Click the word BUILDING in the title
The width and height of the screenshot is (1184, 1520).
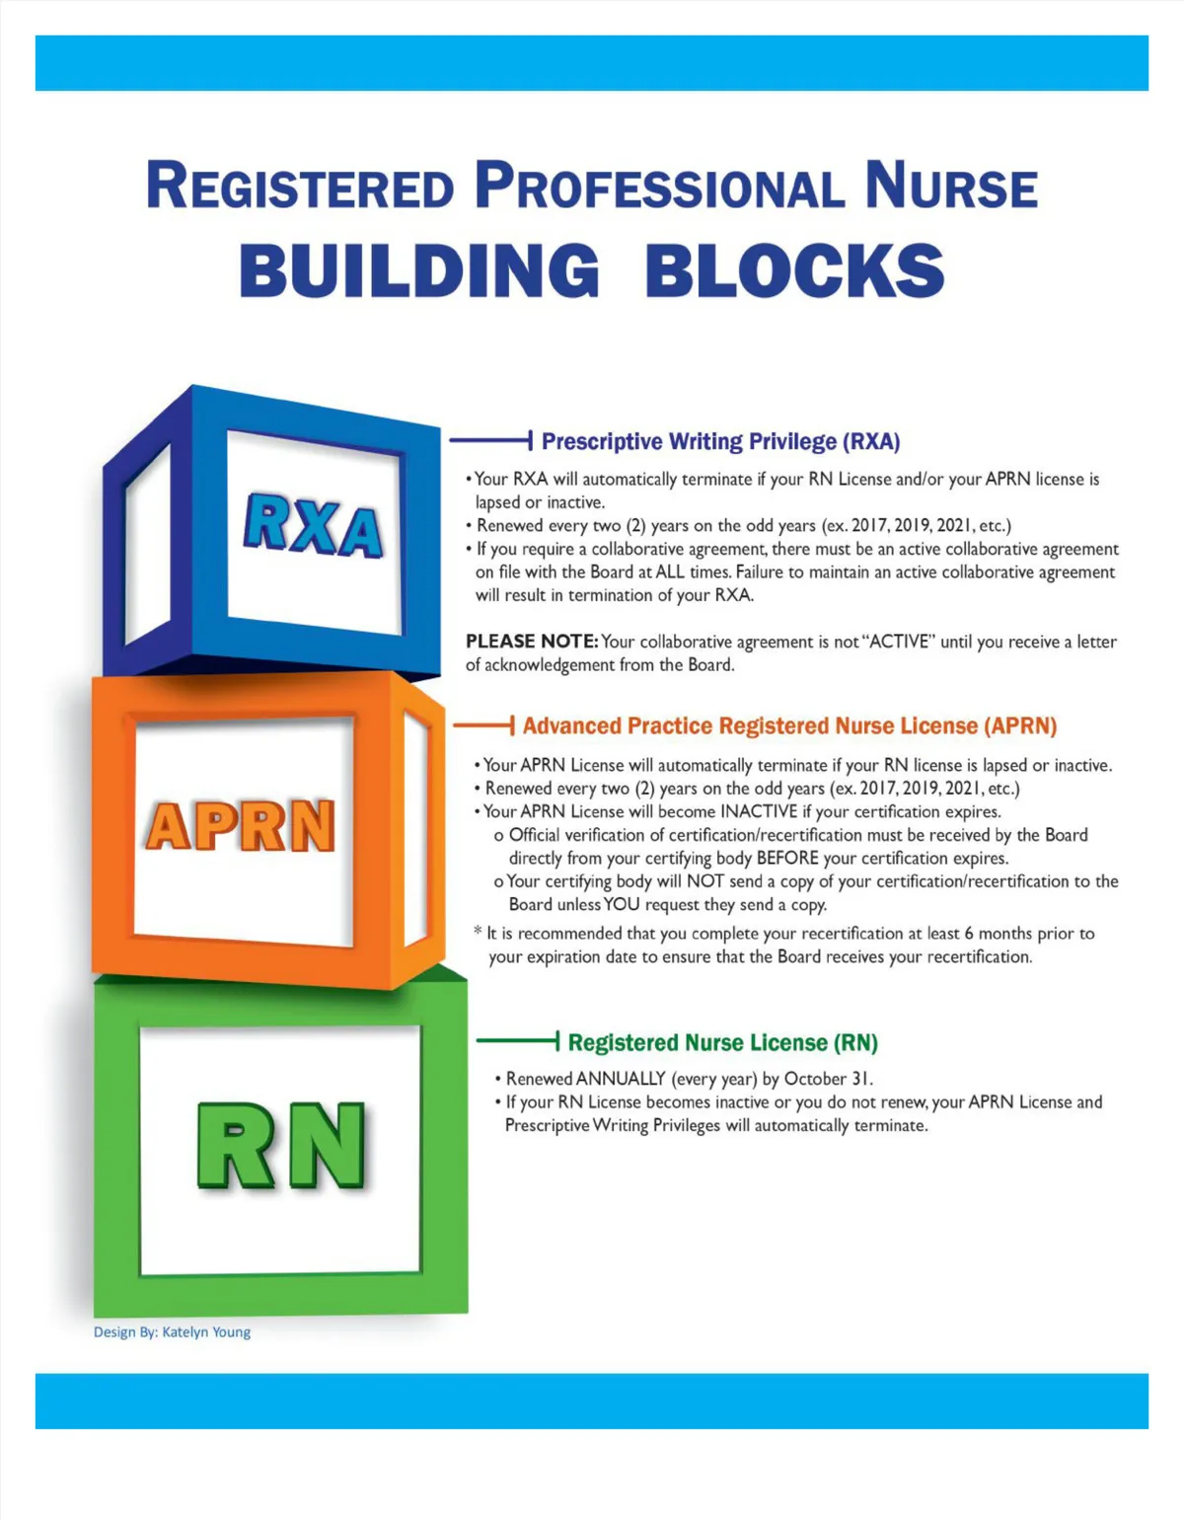pos(419,271)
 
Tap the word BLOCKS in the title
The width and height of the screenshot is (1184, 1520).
pos(795,271)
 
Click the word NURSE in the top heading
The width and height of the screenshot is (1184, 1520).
pos(951,186)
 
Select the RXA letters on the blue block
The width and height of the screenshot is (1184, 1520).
pos(314,525)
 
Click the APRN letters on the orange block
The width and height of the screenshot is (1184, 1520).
pos(241,826)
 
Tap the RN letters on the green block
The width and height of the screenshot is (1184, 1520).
pos(281,1146)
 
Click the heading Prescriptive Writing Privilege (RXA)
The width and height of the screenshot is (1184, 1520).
pos(720,441)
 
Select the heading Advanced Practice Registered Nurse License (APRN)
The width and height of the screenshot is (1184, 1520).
pos(789,726)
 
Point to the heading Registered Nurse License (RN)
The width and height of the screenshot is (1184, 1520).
pos(722,1043)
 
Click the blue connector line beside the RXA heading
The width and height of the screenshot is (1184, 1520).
pos(490,440)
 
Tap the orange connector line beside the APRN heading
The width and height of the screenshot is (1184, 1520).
pos(483,726)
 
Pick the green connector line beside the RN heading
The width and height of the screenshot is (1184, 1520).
pos(518,1040)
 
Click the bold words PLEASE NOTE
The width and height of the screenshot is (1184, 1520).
pos(531,642)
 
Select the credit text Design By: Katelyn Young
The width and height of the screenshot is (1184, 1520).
pos(172,1332)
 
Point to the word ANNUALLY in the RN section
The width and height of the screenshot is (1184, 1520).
pos(621,1079)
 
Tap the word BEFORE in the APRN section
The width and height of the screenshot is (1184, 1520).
pos(787,859)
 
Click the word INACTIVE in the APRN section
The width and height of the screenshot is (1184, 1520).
pos(759,812)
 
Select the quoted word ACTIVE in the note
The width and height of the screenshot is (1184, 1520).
pos(898,642)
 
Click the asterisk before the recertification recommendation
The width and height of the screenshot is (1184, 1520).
pos(478,932)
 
